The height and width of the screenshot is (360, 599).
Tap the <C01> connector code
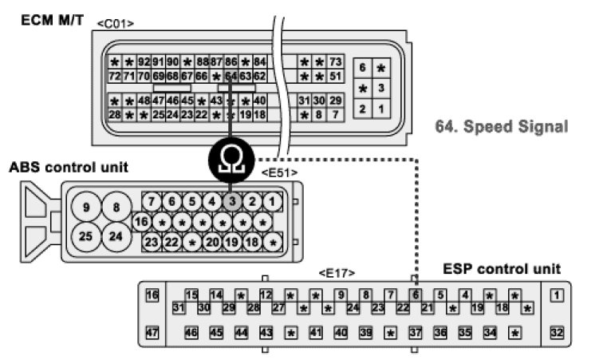(x=115, y=24)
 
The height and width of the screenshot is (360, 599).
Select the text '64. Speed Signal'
(x=502, y=126)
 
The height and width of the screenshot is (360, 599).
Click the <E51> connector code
(x=279, y=172)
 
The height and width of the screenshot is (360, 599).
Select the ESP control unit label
(x=502, y=268)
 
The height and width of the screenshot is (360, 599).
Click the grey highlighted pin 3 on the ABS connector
(x=232, y=201)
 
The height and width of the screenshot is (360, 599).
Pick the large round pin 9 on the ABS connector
(x=87, y=208)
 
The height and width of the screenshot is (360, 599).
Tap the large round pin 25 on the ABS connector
(x=87, y=237)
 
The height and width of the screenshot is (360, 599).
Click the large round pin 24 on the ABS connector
(x=116, y=237)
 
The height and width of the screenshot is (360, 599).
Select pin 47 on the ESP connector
(x=153, y=332)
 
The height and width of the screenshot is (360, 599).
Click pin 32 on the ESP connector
(x=558, y=332)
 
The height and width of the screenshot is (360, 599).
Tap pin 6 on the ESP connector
(x=415, y=295)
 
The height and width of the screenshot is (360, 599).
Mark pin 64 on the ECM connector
(x=231, y=76)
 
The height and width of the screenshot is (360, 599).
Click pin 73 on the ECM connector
(x=336, y=61)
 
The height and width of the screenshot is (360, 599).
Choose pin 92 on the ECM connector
(x=144, y=61)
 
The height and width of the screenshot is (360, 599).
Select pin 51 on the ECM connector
(x=336, y=76)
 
